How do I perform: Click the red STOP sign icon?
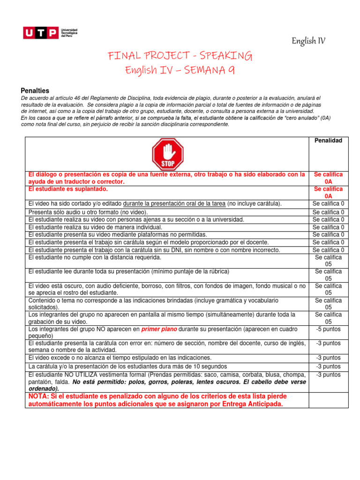[167, 154]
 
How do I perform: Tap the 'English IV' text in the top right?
[308, 41]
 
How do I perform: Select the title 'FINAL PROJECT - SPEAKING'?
[180, 57]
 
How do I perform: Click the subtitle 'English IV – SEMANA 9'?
[180, 70]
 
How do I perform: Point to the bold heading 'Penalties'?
[35, 90]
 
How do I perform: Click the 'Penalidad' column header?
[328, 141]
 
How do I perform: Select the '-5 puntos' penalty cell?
[328, 329]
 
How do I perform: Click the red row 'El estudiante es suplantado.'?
[68, 189]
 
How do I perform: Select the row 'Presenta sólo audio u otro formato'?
[88, 212]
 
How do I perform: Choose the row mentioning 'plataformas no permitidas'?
[118, 234]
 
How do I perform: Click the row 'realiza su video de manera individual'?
[95, 227]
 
